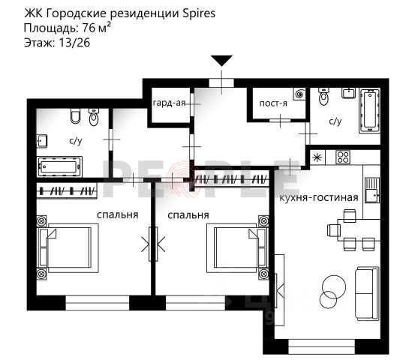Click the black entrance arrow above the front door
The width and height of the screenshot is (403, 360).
point(222,61)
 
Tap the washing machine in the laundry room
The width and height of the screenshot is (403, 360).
point(299,94)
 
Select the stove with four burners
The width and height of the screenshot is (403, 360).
point(344,157)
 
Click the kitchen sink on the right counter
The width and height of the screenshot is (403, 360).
point(372,190)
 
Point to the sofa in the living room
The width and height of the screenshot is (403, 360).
point(367,293)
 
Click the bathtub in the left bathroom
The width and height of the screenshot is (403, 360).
point(59,166)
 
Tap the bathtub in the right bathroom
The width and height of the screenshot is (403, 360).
point(369,111)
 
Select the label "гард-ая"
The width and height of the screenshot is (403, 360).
point(169,103)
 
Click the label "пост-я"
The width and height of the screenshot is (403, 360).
point(273,103)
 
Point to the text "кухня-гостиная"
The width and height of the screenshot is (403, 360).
point(319,197)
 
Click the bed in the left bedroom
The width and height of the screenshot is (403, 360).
point(68,248)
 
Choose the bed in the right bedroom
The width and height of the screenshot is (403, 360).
point(236,248)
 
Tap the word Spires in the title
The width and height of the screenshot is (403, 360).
point(199,13)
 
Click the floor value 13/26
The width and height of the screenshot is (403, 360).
point(74,43)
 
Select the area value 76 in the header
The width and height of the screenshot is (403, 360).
point(89,28)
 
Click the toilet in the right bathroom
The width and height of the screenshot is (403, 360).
point(324,97)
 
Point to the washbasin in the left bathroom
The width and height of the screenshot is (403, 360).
point(42,141)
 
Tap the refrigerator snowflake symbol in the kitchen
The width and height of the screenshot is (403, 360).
point(317,157)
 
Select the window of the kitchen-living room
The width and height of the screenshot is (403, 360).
point(321,346)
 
